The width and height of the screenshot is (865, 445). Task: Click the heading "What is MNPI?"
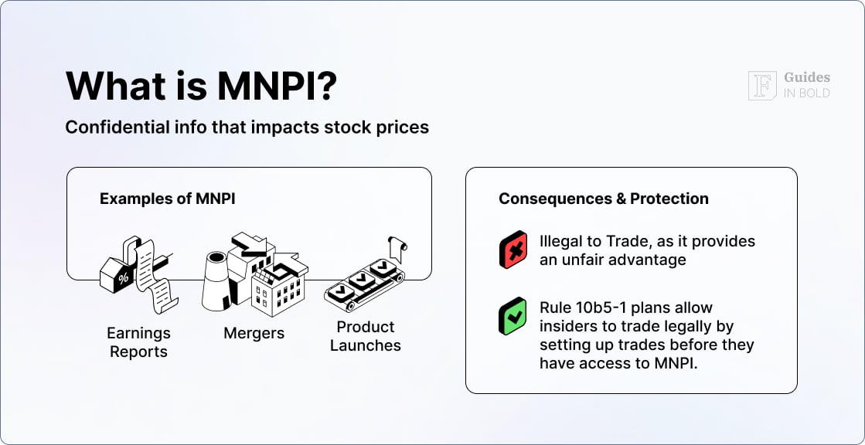pos(201,85)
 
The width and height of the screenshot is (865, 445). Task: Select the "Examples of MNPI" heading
pos(168,199)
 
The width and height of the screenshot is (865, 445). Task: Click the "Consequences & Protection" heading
pos(604,199)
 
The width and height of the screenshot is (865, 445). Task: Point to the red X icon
pos(513,250)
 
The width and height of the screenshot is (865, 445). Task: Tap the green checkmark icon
pos(513,316)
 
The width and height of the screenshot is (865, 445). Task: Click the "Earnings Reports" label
pos(138,342)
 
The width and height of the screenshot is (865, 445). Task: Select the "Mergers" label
pos(254,334)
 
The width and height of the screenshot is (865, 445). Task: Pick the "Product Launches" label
pos(366,336)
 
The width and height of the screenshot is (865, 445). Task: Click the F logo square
pos(762,86)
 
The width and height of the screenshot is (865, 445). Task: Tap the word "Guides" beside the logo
pos(807,78)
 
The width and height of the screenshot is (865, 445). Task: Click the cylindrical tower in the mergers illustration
pos(216,280)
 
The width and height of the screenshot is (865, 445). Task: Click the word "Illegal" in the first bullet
pos(558,242)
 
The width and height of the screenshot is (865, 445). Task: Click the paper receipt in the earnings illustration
pos(155,276)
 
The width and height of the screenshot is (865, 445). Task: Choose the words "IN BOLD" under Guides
pos(807,93)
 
